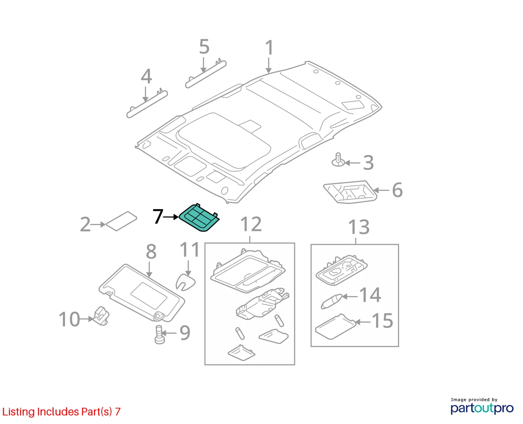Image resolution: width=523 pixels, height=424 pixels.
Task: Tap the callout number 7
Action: click(158, 216)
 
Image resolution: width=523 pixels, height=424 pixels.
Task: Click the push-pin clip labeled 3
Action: click(338, 160)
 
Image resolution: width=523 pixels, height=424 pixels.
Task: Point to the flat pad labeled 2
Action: click(121, 221)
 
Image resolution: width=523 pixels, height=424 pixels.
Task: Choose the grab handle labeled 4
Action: click(147, 103)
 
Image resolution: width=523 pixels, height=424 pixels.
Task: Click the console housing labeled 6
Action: click(350, 192)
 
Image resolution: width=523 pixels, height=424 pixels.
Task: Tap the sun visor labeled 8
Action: click(142, 293)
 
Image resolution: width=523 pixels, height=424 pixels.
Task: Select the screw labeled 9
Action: click(160, 334)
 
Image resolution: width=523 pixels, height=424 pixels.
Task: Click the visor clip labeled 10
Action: click(101, 316)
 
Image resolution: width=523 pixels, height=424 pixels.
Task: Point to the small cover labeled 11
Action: click(185, 282)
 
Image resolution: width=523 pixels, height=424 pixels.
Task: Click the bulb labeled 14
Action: click(332, 301)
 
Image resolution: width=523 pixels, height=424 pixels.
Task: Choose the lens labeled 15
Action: click(335, 327)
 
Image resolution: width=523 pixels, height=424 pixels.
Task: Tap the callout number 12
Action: click(251, 224)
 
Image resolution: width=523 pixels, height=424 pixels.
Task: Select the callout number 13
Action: click(359, 227)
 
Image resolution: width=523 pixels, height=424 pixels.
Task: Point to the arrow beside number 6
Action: click(381, 190)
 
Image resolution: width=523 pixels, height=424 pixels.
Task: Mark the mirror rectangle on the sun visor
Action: click(149, 295)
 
